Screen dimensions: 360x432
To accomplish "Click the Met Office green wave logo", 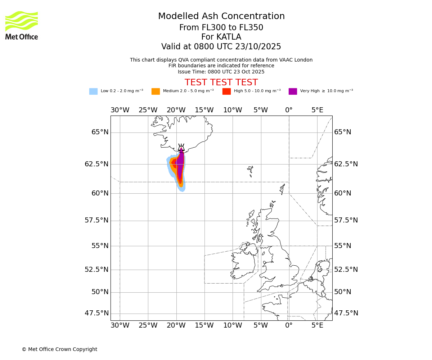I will click(22, 21).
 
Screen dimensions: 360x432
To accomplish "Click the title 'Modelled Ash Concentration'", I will click(221, 17).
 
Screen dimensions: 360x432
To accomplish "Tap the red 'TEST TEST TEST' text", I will click(221, 82).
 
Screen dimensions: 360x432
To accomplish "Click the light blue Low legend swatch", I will click(93, 91).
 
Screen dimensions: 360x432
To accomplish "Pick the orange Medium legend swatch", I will click(156, 91).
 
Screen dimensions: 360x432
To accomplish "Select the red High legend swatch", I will click(226, 91).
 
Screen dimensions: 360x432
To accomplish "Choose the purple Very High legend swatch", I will click(293, 91).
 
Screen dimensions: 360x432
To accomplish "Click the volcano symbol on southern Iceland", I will click(181, 148).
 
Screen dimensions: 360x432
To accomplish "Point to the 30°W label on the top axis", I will click(120, 110).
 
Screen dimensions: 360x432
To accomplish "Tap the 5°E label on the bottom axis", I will click(317, 325).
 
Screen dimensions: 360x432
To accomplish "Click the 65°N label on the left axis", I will click(100, 132).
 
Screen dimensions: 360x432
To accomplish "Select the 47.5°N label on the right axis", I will click(346, 313).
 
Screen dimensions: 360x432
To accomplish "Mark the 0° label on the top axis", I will click(289, 110).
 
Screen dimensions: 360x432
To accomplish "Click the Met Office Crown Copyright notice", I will click(59, 349).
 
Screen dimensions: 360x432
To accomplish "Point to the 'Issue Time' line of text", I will click(221, 72).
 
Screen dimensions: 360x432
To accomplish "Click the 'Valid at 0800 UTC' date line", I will click(221, 47).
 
